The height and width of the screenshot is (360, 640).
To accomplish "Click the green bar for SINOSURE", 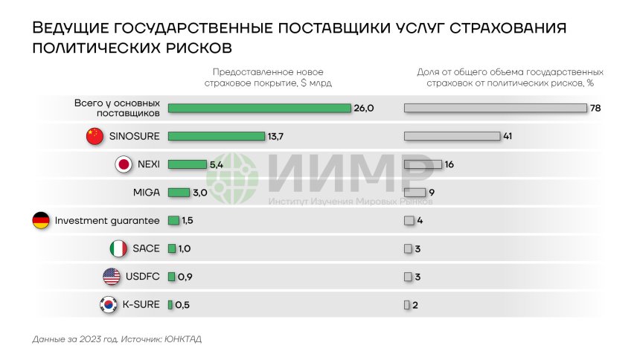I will click(217, 136).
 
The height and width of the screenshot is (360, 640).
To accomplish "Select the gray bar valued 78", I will click(495, 108).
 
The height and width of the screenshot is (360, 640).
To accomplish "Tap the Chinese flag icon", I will click(94, 136).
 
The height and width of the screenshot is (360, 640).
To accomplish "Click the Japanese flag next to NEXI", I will click(124, 164).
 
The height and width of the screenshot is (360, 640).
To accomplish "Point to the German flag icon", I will click(41, 220).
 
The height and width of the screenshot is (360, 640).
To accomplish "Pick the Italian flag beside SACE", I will click(118, 248).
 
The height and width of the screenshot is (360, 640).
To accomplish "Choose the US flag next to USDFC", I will click(111, 277).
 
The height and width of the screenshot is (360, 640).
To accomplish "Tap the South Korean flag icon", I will click(108, 305).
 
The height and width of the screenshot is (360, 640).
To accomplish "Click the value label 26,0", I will click(363, 109).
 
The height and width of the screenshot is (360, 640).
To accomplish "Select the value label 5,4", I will click(217, 164).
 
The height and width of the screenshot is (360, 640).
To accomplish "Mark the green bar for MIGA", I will click(179, 193).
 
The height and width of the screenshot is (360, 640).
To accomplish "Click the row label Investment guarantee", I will click(107, 221).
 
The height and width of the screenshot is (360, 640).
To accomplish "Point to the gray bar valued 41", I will click(452, 136).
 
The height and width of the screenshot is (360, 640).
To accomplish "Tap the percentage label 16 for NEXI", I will click(449, 164).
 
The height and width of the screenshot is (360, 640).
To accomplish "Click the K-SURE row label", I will click(141, 305).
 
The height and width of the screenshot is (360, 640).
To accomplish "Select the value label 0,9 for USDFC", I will click(185, 277).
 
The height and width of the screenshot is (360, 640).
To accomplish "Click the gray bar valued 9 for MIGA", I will click(415, 193).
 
